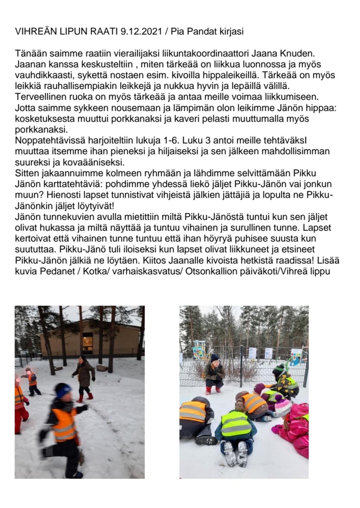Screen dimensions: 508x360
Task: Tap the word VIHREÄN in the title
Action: pos(35,32)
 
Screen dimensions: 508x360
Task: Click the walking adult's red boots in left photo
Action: pos(85,397)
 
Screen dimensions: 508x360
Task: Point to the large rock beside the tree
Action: pos(102,368)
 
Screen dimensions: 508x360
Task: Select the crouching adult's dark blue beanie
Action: pos(215,358)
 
